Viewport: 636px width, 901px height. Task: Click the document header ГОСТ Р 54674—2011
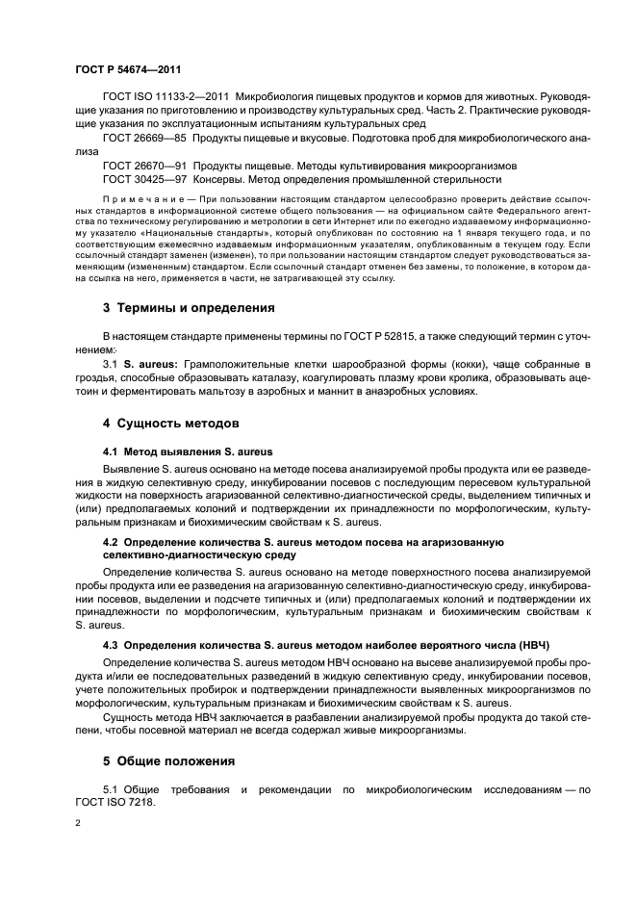coord(128,70)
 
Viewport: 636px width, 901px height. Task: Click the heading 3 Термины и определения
coord(189,308)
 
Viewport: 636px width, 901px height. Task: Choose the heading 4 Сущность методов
coord(171,423)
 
